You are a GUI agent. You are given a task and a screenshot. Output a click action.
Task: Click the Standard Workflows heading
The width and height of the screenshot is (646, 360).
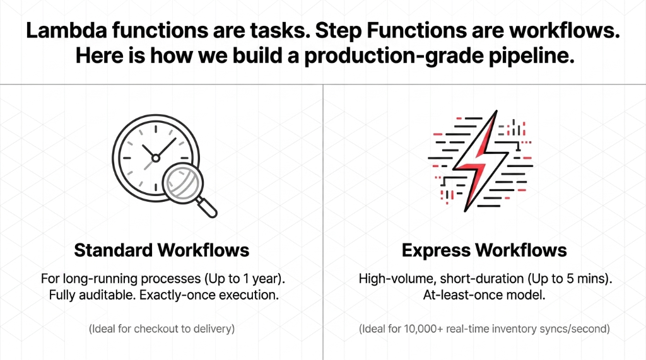pyautogui.click(x=161, y=250)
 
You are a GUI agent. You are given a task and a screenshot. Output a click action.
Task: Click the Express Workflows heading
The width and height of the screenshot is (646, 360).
pyautogui.click(x=484, y=250)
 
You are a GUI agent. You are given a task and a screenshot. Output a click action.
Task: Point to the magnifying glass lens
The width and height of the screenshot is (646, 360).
pyautogui.click(x=182, y=182)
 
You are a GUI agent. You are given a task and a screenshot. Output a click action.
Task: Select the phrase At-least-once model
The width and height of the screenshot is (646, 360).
pyautogui.click(x=484, y=294)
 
